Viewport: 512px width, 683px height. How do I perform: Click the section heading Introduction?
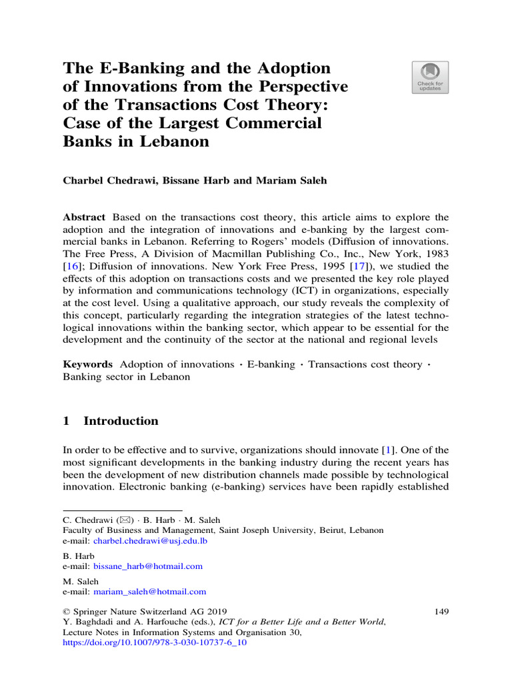(x=121, y=421)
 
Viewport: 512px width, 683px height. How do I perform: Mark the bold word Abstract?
(x=84, y=217)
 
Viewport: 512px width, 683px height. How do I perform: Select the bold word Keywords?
(x=87, y=364)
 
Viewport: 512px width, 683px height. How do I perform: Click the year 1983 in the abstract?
(x=433, y=255)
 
